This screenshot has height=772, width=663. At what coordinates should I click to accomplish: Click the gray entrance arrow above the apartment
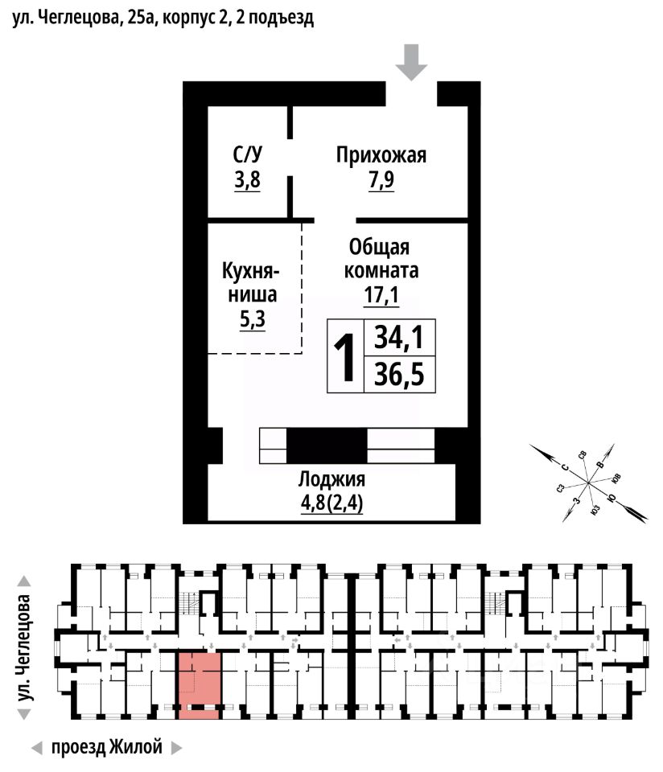tap(412, 62)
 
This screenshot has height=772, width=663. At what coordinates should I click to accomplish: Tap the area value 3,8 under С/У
tap(247, 180)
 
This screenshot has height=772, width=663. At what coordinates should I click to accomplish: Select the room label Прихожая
tap(381, 155)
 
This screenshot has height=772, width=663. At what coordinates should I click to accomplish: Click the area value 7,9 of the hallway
tap(381, 180)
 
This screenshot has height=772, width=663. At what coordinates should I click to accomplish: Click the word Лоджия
tap(332, 480)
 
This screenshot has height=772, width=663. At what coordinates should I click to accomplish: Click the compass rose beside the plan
tap(588, 483)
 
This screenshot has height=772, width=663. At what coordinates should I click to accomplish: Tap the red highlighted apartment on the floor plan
tap(200, 682)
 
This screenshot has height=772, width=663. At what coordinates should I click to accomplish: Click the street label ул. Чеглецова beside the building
tap(27, 647)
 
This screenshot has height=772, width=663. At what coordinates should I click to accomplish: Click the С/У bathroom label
tap(247, 155)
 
